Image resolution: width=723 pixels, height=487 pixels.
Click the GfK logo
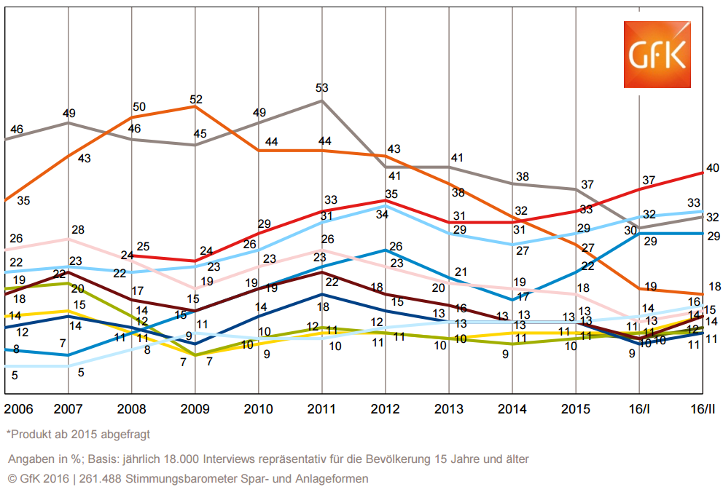tap(656, 55)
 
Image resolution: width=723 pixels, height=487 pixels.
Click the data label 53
tap(322, 88)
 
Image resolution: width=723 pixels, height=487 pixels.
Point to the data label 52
tap(196, 98)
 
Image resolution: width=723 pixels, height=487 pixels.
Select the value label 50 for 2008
tap(138, 107)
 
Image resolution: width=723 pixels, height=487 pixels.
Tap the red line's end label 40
tap(712, 168)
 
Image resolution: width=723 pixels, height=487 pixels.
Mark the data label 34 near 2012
tap(381, 215)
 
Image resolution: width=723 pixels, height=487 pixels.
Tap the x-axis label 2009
tap(195, 408)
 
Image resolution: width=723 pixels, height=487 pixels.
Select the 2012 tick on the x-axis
tap(385, 408)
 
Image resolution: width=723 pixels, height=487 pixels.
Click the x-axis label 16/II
tap(701, 408)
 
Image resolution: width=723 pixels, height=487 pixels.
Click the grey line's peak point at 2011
tap(322, 100)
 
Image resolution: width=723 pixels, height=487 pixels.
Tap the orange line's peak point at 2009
tap(195, 106)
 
